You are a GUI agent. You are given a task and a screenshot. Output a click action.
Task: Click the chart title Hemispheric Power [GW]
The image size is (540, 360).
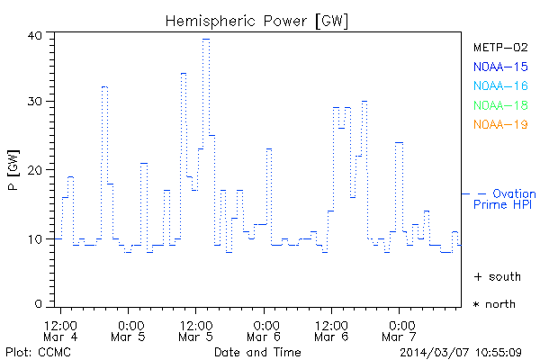point(256,20)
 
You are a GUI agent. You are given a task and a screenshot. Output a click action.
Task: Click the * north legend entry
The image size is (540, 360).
point(495,304)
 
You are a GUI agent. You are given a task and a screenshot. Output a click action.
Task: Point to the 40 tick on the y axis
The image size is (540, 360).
point(35,35)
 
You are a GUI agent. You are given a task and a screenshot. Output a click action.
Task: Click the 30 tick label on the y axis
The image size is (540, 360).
point(35,102)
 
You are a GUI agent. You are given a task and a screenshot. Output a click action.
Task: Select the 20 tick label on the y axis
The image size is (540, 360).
point(35,170)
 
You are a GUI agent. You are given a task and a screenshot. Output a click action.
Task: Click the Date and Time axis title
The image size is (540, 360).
point(252,351)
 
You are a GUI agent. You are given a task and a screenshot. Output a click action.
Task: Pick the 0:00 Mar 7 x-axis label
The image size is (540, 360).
point(399,329)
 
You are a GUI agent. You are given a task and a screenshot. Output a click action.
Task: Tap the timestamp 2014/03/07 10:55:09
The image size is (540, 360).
point(461,351)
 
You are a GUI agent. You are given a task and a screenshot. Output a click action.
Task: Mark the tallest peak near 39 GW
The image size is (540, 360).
point(206,40)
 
